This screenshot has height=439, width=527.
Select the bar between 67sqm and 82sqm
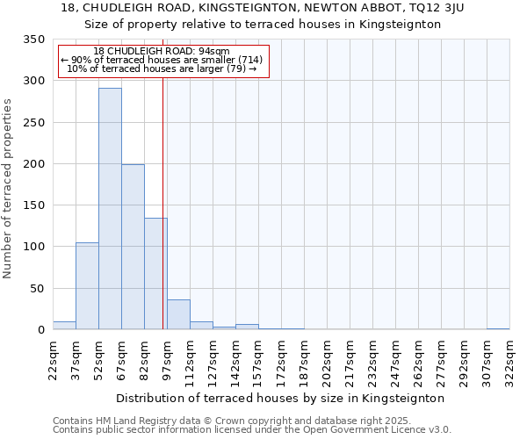point(133,247)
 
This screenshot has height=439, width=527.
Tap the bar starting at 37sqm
point(87,286)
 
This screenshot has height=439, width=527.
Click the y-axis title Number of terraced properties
point(8,189)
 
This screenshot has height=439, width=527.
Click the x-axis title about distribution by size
point(281,398)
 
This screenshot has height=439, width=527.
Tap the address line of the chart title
point(263,8)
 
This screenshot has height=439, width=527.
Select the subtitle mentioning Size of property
point(263,25)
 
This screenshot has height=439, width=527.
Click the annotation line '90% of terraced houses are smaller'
point(162,60)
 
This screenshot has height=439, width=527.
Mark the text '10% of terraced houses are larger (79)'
point(162,68)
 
